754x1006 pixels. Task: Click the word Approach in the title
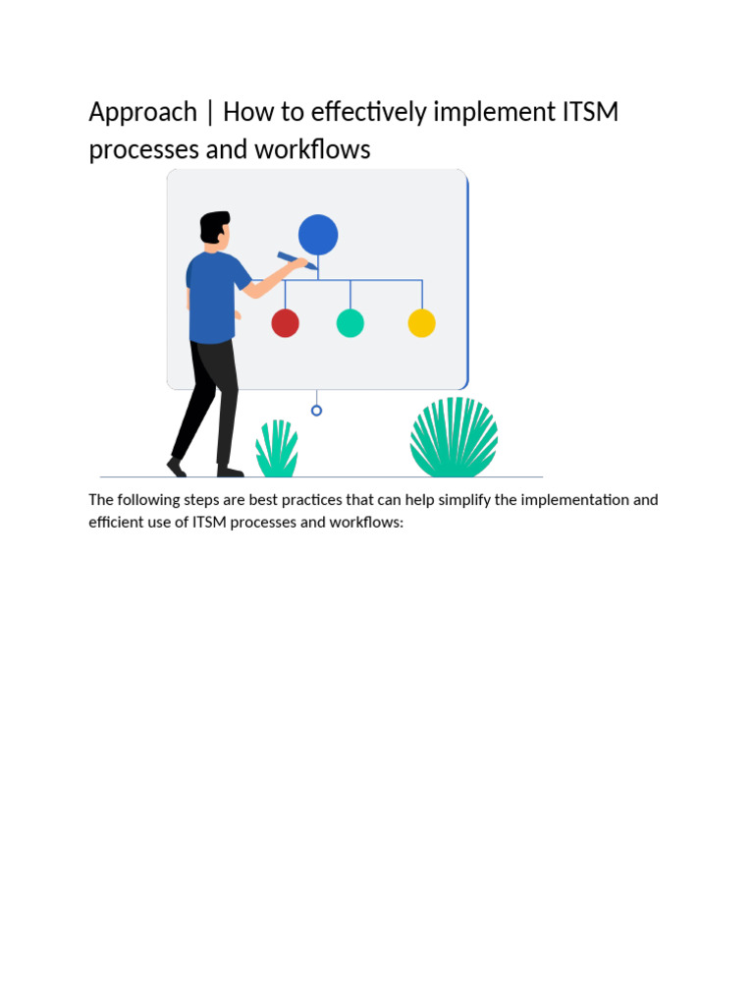tap(142, 113)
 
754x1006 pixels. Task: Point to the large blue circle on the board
tap(318, 235)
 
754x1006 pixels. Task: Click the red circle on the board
tap(285, 323)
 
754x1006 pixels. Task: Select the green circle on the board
tap(350, 323)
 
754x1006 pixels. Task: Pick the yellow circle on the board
tap(421, 323)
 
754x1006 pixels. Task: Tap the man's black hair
tap(213, 225)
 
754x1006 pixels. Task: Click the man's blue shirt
tap(211, 295)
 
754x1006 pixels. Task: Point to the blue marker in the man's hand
tap(296, 260)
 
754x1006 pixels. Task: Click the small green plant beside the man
tap(277, 450)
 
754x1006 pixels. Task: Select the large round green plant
tap(454, 439)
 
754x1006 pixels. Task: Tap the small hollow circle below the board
tap(316, 411)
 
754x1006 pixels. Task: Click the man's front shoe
tap(230, 472)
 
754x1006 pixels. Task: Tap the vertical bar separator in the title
tap(210, 113)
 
